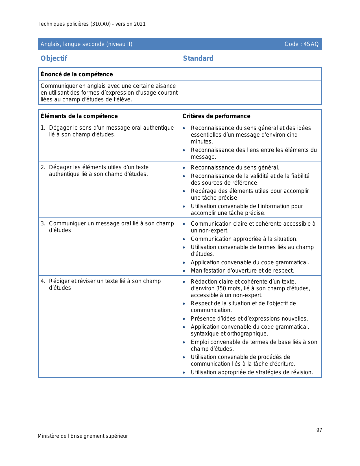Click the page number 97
319,430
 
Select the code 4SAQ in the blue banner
311,44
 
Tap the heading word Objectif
54,58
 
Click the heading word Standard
198,58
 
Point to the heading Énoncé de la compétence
77,74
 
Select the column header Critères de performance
216,116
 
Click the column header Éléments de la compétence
79,116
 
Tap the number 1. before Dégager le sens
43,128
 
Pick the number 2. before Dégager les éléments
43,167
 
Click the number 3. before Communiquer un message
43,223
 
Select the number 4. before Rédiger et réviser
43,281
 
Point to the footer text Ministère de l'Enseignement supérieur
83,436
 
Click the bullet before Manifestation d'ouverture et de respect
184,271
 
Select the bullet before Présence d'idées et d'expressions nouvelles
184,319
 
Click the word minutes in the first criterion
201,141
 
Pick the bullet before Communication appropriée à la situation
184,239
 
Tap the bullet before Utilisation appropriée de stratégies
184,373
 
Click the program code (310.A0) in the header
100,24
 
